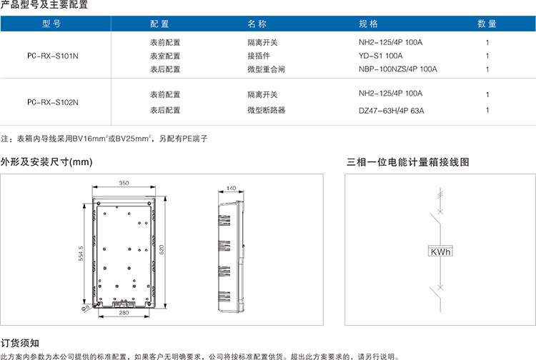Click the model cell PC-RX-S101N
pos(53,56)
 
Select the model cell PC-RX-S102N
pos(53,102)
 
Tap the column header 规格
pos(368,24)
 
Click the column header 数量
pos(487,24)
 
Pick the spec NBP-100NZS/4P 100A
pos(398,69)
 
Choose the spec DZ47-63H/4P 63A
pos(392,111)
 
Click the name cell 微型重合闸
pos(267,69)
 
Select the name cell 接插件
pos(259,56)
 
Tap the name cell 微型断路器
pos(267,110)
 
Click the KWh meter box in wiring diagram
pos(440,251)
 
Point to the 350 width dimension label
pos(124,183)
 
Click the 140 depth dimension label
pos(231,188)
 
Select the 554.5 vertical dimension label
pos(81,254)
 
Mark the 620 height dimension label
pos(162,250)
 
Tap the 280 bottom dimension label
pos(124,313)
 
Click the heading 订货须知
pos(20,343)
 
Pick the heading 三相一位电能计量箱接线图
pos(408,162)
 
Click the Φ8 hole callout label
pos(86,307)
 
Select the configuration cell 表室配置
pos(165,56)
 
